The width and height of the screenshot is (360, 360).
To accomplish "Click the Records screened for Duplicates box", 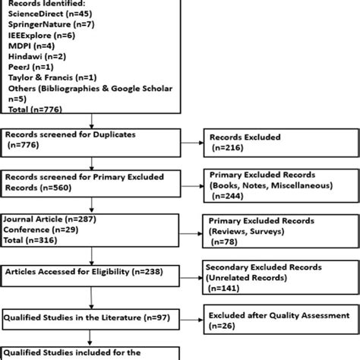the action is coord(92,137).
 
